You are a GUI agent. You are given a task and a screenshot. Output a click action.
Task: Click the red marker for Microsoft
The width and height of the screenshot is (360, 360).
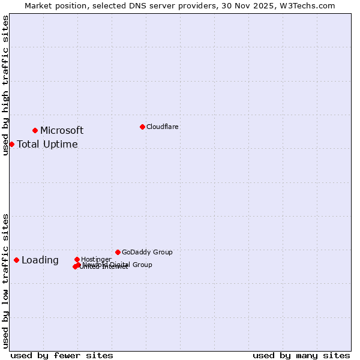pos(35,130)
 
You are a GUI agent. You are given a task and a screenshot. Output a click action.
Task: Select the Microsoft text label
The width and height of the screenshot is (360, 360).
pos(62,131)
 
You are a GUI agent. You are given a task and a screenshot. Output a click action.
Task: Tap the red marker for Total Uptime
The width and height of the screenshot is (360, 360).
pos(12,144)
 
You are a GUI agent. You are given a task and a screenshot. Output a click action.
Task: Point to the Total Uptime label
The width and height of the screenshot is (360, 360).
pos(47,145)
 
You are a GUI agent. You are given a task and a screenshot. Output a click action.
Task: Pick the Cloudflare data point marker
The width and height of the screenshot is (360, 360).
pos(142,127)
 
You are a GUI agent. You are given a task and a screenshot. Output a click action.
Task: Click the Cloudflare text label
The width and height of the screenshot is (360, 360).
pos(163,127)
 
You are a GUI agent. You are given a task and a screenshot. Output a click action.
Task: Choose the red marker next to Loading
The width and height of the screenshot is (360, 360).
pos(16,260)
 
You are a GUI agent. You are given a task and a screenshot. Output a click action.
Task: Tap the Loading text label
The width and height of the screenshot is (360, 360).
pos(40,260)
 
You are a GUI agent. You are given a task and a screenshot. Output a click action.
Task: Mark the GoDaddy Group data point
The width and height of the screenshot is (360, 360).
pos(118,252)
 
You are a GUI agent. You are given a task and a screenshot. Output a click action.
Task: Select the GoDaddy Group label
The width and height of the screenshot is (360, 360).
pos(147,253)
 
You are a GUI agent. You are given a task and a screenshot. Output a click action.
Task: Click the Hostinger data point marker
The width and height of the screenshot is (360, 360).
pos(77,259)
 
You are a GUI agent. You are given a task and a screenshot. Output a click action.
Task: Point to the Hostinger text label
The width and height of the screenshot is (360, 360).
pos(96,259)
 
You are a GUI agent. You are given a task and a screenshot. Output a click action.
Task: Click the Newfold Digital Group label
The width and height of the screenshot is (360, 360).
pos(118,265)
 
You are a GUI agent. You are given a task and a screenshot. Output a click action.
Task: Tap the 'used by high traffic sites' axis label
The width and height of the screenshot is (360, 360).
pos(5,85)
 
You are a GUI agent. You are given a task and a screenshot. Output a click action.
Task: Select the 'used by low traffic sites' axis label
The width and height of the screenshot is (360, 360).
pos(5,281)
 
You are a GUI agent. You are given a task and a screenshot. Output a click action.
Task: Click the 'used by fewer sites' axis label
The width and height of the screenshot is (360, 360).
pos(62,356)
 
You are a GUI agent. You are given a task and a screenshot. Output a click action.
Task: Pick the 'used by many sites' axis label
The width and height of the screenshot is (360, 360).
pos(301,356)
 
